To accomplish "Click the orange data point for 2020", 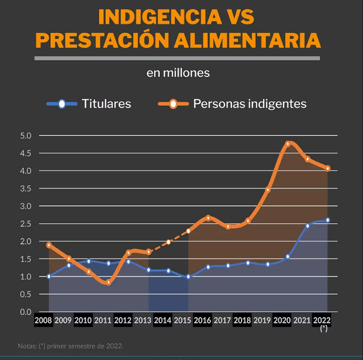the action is (288, 144).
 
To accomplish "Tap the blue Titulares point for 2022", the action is (328, 220).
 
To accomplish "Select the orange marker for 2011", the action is (108, 282).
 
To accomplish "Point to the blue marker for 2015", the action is (188, 276).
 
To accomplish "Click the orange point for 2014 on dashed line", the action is (169, 242).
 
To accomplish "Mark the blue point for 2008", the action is (49, 276).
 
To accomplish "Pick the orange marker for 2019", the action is (268, 190).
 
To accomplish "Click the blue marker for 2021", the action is (308, 226).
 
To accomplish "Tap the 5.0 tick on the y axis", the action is (26, 136).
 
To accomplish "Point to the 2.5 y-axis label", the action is (26, 224).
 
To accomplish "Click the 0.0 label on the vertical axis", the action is (26, 312).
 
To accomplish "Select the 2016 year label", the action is (202, 320).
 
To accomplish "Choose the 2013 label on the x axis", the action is (143, 320).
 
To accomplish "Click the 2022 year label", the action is (322, 320).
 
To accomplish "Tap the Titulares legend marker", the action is (62, 104).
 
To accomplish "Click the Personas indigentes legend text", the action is (250, 103).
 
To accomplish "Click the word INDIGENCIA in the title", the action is (160, 17).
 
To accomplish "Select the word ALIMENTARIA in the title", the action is (247, 40).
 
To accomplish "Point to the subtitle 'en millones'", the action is (178, 73).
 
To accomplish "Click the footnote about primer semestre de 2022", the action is (71, 346).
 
